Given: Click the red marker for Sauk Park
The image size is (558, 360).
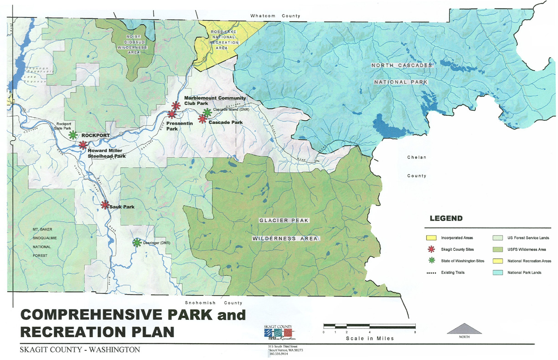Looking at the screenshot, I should click(105, 205).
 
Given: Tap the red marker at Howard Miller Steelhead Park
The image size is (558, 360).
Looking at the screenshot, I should click(83, 145).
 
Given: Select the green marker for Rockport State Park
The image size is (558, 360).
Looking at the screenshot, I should click(72, 135).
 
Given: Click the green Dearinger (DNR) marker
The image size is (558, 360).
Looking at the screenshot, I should click(136, 242).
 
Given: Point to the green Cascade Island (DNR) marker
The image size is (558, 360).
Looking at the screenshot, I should click(207, 112).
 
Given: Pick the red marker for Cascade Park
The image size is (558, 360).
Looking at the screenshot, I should click(202, 119).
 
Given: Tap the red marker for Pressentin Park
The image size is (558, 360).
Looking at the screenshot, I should click(171, 114).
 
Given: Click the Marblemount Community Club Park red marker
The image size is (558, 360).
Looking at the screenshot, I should click(176, 106).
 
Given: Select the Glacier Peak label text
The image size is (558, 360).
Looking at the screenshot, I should click(284, 221).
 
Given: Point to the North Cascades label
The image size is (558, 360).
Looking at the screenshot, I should click(401, 66).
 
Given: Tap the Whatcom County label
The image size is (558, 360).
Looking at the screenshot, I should click(275, 16).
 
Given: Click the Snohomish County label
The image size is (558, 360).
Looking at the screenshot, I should click(213, 303).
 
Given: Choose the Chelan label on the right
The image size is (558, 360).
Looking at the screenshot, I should click(416, 158).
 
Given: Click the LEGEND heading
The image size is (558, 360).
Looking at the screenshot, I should click(447, 218).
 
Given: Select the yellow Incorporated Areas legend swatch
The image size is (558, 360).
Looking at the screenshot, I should click(431, 238).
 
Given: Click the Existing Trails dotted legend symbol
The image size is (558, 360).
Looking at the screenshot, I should click(431, 273).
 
